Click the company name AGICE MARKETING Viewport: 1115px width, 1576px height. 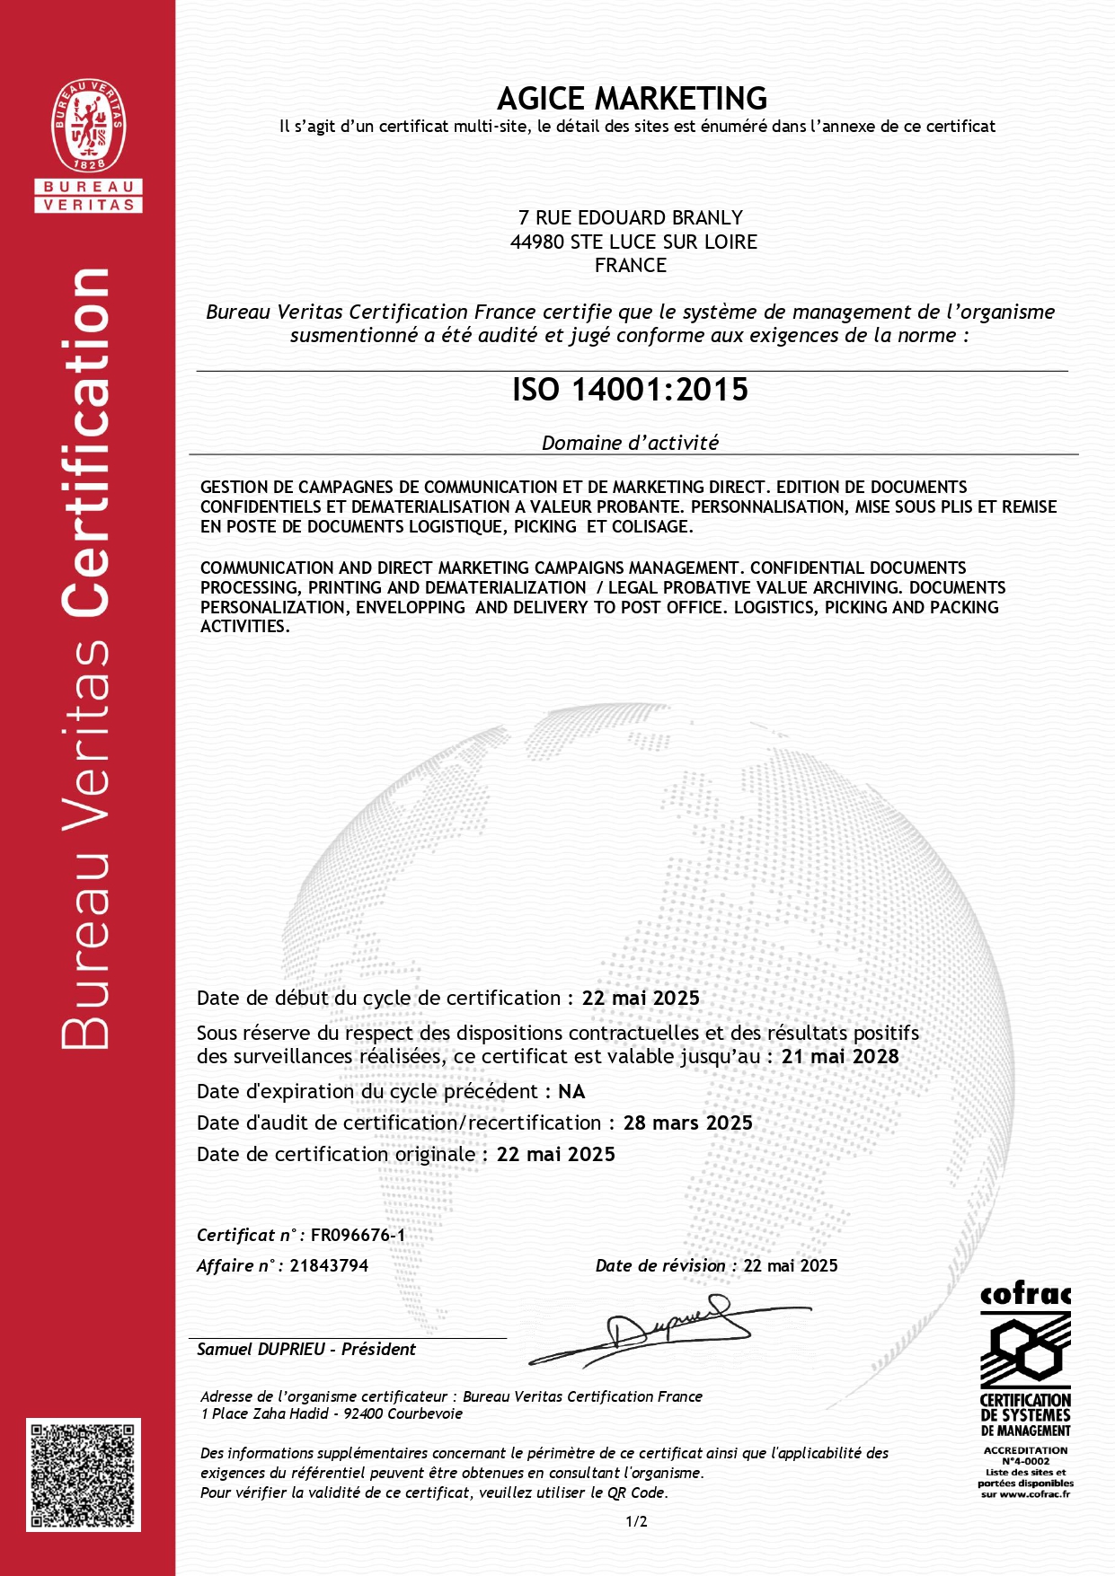click(632, 98)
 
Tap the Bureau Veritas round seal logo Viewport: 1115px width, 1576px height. click(88, 125)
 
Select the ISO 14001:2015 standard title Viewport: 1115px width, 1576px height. click(630, 390)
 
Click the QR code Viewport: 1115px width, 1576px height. click(84, 1475)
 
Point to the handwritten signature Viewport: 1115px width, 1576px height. click(669, 1327)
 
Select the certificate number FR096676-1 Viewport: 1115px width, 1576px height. click(358, 1235)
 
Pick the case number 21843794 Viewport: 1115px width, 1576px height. click(329, 1265)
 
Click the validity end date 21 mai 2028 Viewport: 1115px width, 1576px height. click(840, 1057)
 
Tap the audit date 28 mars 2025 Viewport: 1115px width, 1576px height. click(687, 1123)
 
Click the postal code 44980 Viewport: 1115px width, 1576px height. click(536, 242)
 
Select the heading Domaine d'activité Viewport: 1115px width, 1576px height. click(630, 443)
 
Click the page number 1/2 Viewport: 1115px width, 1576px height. click(636, 1521)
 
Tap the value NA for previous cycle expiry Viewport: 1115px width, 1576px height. click(571, 1091)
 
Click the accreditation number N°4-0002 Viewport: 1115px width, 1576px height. click(1025, 1461)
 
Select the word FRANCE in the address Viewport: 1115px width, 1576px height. click(631, 266)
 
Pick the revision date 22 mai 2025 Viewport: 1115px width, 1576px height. click(791, 1265)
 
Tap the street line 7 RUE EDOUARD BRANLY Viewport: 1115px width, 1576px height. click(631, 217)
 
